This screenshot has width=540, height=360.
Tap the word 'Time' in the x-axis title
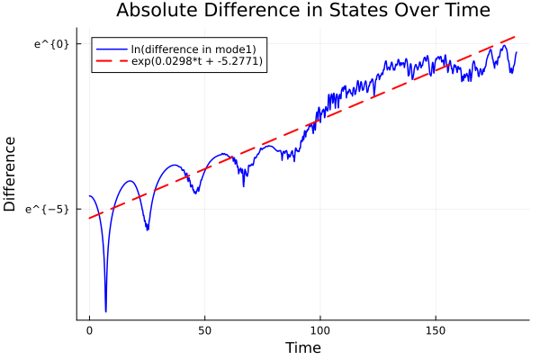pyautogui.click(x=302, y=347)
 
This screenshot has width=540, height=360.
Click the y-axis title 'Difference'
pyautogui.click(x=11, y=174)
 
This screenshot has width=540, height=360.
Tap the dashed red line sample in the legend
pyautogui.click(x=112, y=62)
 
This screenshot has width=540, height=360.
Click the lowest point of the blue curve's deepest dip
pyautogui.click(x=105, y=311)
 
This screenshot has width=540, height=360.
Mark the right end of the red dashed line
pyautogui.click(x=516, y=37)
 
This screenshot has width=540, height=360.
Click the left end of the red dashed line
pyautogui.click(x=89, y=218)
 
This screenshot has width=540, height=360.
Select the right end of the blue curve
pyautogui.click(x=516, y=52)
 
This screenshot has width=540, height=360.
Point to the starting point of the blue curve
pyautogui.click(x=89, y=196)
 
